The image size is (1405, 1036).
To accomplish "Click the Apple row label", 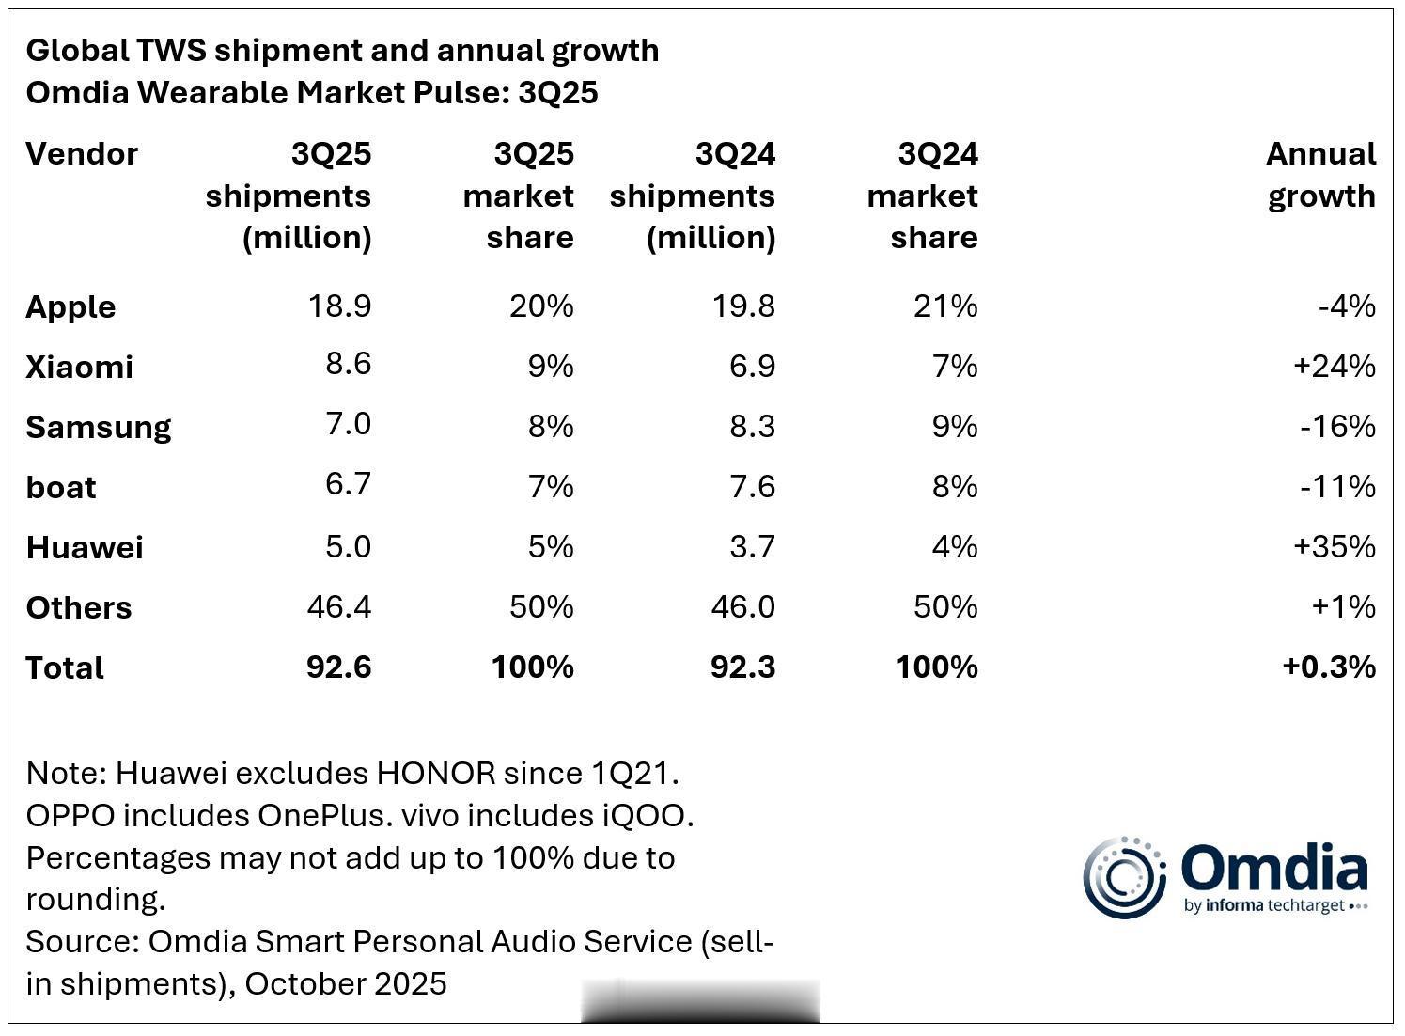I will pos(70,307).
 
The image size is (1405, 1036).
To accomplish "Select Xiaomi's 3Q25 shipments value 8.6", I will pos(348,364).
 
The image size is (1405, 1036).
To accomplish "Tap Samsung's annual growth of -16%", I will pos(1337,427).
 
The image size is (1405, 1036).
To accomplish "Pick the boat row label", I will pos(61,488).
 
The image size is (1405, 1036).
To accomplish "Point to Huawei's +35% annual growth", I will pos(1334,547).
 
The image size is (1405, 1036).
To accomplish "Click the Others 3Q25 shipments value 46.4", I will pos(338,607).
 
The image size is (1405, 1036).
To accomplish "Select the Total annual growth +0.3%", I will pos(1328,667).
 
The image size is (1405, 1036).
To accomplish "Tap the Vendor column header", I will pos(82,154).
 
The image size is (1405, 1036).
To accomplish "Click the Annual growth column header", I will pos(1320,175).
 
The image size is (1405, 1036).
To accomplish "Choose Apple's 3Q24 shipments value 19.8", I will pos(742,306).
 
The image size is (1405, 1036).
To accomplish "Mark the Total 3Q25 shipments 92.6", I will pos(338,667).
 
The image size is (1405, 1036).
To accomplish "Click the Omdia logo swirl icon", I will pos(1123,877).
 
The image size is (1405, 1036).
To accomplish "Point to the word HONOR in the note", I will pos(435,774).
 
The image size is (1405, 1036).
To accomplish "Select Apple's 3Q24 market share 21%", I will pos(944,306).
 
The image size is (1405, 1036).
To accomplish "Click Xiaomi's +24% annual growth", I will pos(1334,367).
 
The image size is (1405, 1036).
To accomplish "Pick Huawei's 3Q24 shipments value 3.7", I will pos(752,547).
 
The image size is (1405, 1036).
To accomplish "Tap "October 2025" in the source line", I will pos(344,984).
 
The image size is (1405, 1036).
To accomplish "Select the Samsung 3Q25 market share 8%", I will pos(551,427).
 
